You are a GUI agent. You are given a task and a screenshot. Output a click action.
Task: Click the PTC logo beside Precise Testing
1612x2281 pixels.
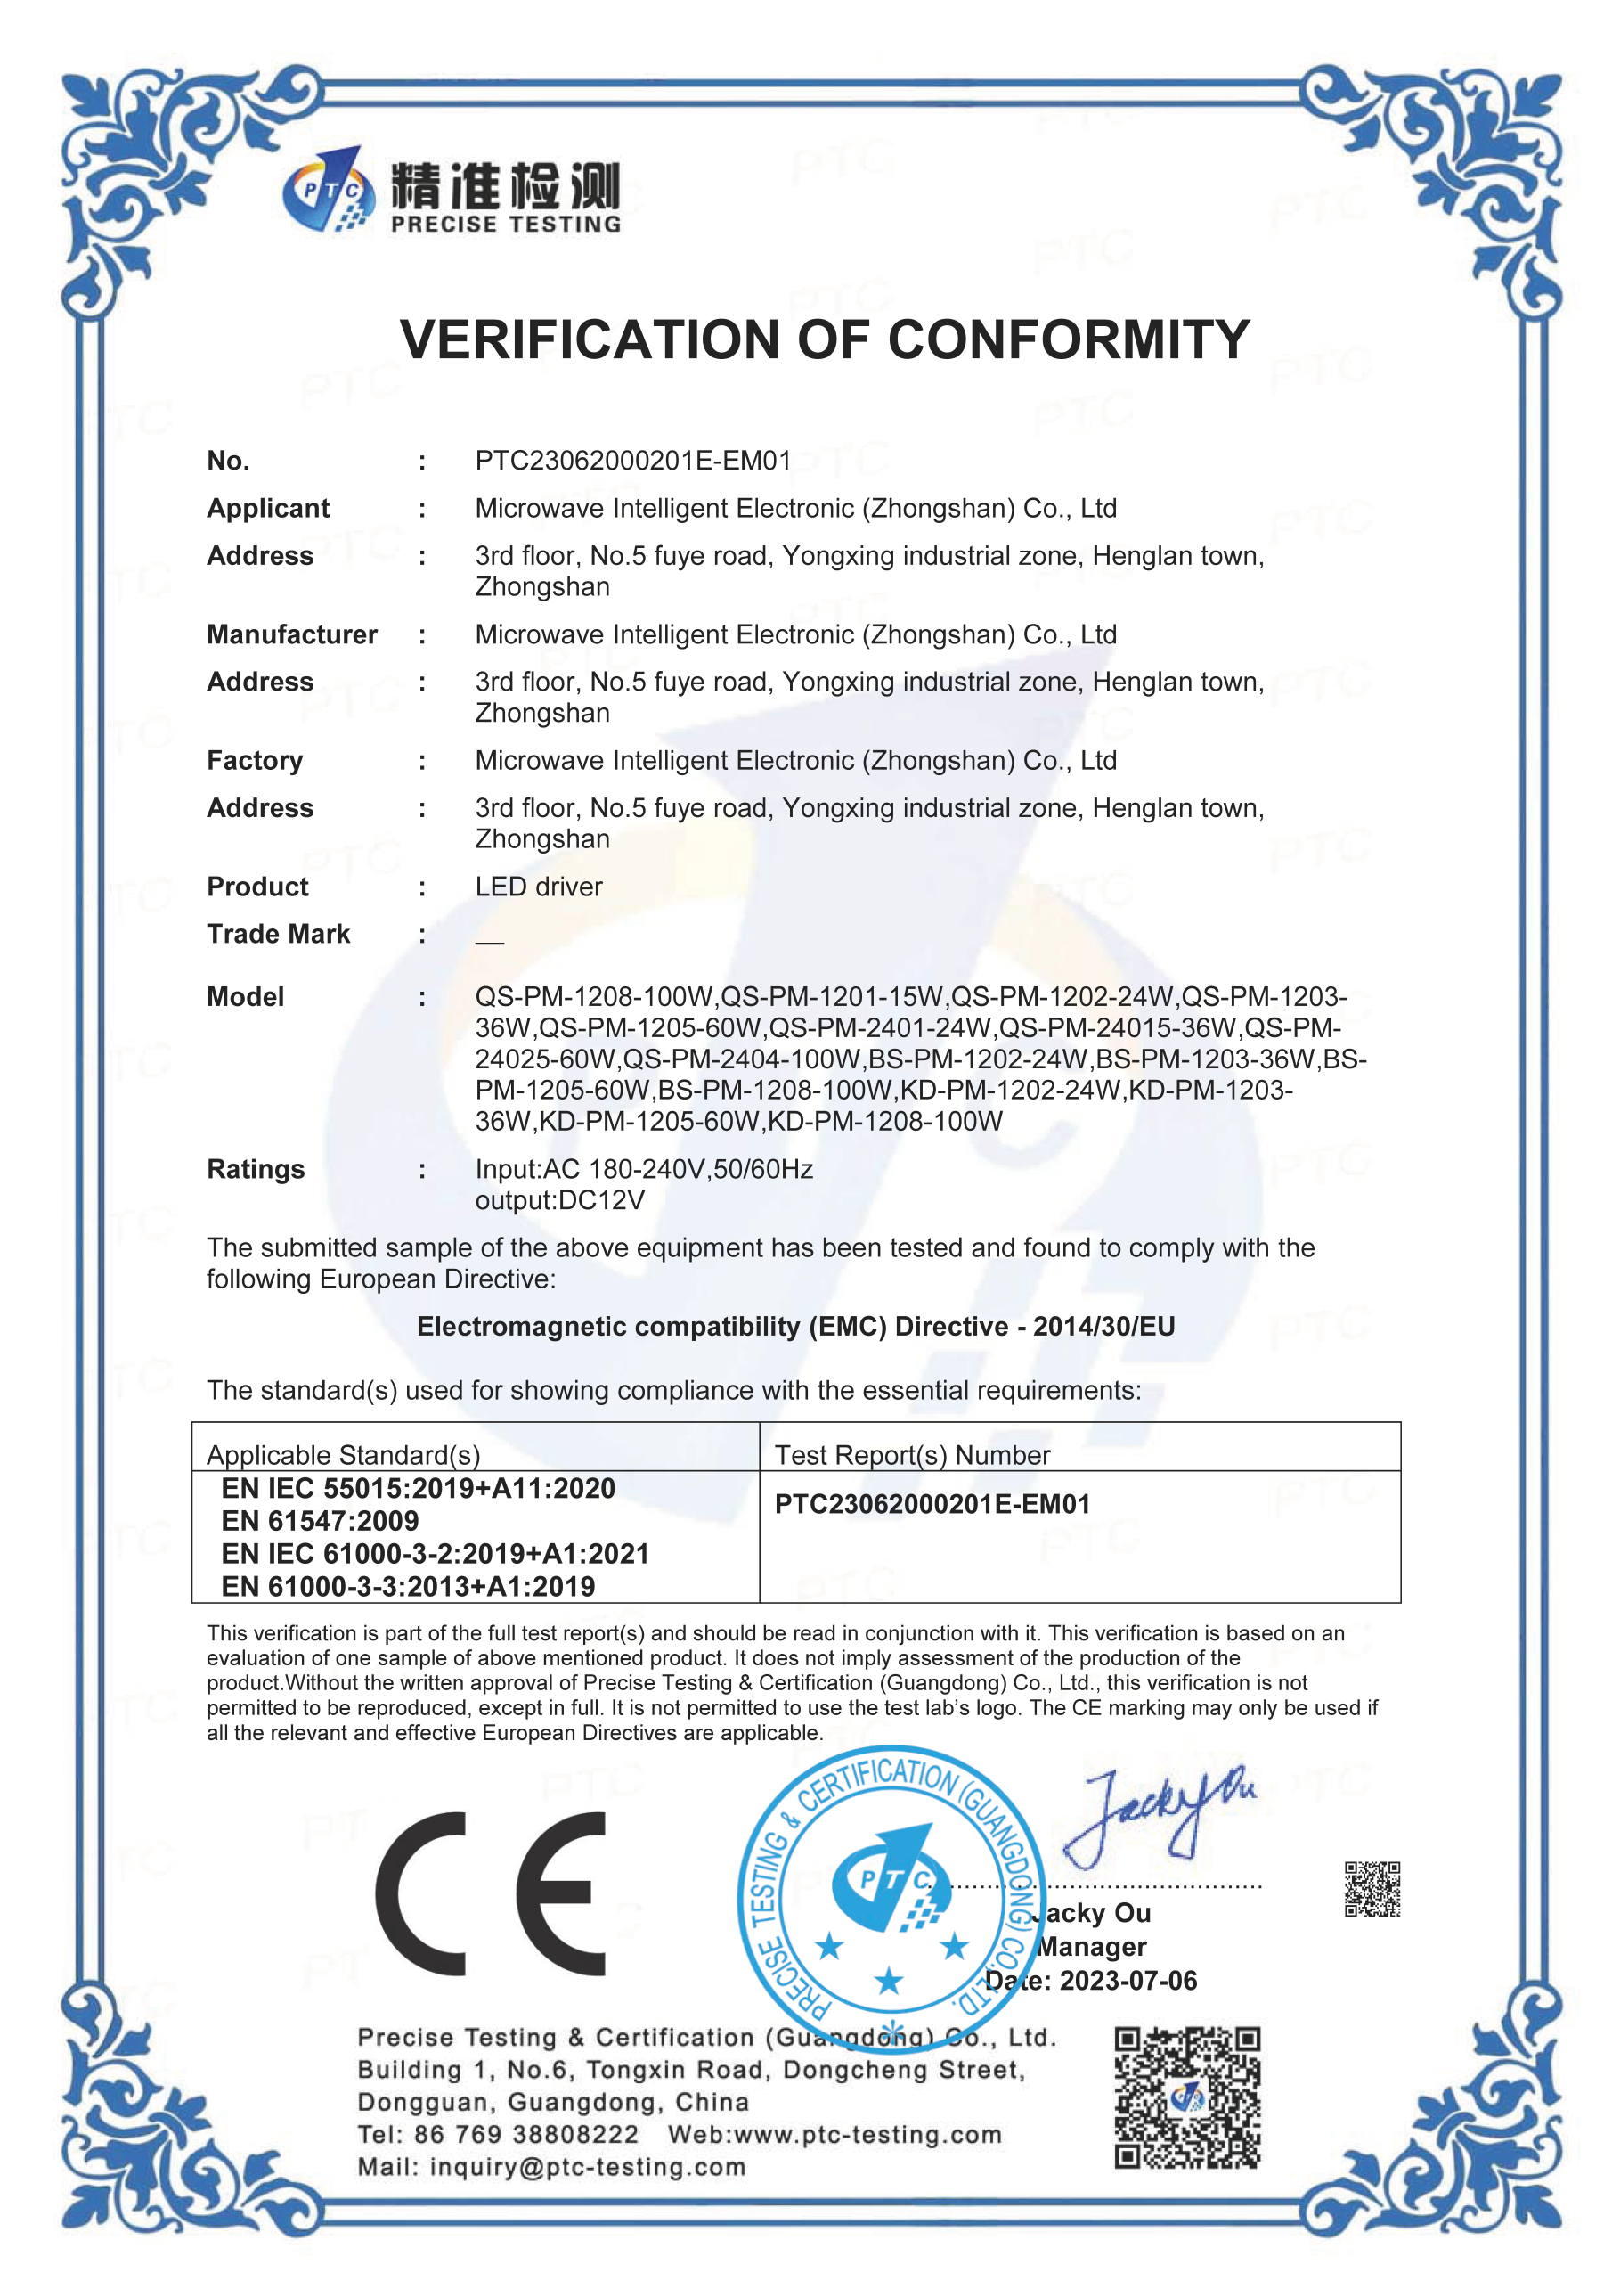coord(329,190)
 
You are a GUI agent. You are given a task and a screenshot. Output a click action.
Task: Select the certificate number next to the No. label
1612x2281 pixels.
coord(632,461)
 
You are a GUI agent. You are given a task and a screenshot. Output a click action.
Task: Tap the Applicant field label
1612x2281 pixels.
coord(267,509)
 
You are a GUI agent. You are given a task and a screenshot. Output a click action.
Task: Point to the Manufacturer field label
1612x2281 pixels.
coord(291,634)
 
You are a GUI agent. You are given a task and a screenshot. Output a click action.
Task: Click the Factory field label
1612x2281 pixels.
coord(254,761)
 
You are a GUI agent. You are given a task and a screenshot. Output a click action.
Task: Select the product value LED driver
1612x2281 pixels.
coord(538,887)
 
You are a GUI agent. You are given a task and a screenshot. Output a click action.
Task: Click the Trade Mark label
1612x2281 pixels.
coord(278,935)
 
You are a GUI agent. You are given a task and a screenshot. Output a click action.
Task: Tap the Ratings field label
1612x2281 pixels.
coord(256,1169)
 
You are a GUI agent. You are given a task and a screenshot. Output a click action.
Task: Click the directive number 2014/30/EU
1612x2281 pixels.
coord(1103,1328)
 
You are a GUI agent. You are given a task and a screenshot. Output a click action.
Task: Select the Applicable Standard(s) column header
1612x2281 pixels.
coord(343,1455)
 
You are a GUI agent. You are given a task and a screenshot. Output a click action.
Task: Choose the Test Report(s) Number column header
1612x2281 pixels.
coord(912,1455)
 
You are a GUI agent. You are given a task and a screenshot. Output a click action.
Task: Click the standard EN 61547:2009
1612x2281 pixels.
coord(320,1521)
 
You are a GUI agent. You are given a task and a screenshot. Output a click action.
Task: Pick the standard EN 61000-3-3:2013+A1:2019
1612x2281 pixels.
coord(408,1587)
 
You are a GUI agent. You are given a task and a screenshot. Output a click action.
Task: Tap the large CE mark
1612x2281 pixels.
coord(491,1893)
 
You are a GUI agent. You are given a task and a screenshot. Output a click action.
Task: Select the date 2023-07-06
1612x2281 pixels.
coord(1128,1981)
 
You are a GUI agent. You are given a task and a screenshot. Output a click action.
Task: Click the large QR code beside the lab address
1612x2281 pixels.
coord(1187,2098)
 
